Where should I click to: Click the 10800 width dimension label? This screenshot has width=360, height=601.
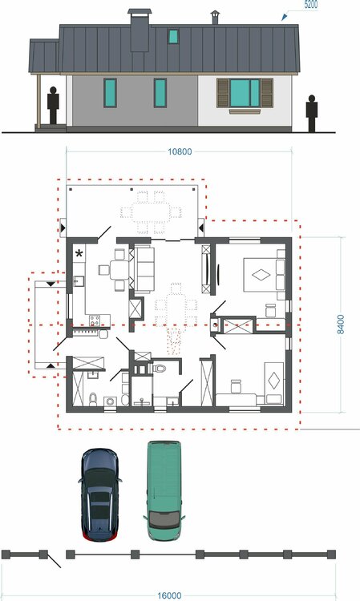180,151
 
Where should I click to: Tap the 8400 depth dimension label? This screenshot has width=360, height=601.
341,325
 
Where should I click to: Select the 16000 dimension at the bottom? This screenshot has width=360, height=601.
169,595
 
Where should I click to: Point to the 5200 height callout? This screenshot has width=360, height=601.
310,5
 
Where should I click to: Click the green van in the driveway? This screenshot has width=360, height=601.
164,490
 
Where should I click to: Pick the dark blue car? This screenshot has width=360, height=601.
99,495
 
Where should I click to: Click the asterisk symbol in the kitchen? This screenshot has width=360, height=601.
79,253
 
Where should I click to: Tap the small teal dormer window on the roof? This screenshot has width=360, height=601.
173,36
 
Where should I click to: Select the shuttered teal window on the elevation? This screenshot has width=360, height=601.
245,93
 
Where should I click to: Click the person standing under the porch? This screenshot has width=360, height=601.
53,106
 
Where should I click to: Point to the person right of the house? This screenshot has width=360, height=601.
312,114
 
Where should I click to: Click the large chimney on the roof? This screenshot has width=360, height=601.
140,30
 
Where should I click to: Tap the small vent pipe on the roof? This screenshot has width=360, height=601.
215,18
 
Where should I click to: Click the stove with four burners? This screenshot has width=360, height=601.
95,320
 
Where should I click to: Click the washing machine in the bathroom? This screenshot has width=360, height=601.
111,401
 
